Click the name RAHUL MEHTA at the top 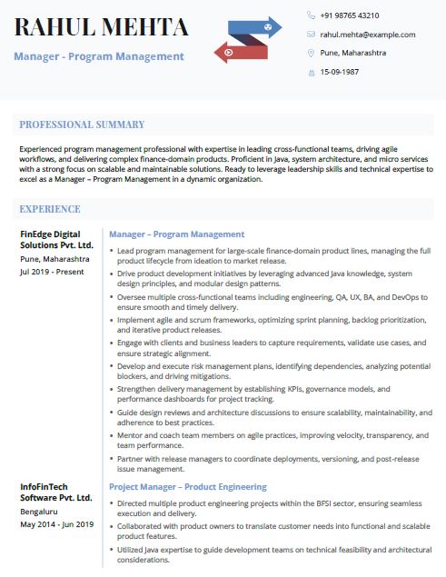click(101, 27)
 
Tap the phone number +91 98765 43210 click(350, 15)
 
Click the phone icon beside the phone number click(311, 15)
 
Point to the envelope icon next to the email click(311, 35)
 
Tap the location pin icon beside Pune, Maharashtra click(311, 53)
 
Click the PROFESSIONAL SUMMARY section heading click(82, 124)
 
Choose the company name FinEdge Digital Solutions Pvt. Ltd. click(56, 240)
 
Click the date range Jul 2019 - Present click(53, 271)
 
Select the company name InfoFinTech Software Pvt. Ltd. click(56, 492)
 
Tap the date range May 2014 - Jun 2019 click(56, 524)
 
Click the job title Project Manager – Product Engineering click(187, 487)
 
